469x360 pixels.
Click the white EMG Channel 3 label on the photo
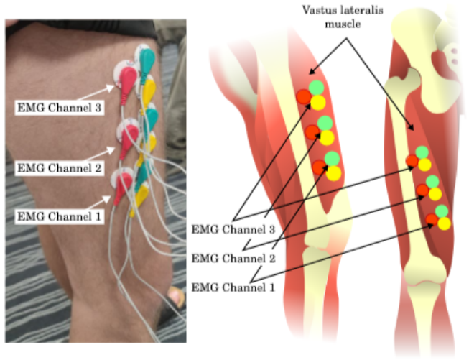tap(59, 108)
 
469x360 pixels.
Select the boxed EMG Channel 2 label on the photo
tap(59, 168)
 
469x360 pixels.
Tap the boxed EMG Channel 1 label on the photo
tap(59, 216)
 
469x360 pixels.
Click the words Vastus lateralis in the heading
tap(343, 10)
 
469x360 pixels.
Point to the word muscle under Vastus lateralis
tap(343, 24)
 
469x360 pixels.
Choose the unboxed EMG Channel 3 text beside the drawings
tap(233, 229)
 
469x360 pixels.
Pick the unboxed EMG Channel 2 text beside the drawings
tap(233, 258)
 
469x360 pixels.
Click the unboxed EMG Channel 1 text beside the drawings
tap(233, 287)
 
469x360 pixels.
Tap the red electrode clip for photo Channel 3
tap(127, 80)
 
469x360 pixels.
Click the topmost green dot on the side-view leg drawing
tap(317, 88)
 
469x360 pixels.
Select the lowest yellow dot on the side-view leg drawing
tap(333, 173)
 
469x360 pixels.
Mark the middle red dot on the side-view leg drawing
tap(313, 132)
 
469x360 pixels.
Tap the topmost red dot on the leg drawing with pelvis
tap(412, 161)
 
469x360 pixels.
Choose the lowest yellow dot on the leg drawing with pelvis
tap(444, 223)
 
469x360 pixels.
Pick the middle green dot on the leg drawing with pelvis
tap(432, 182)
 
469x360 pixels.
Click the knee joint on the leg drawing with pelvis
tap(423, 281)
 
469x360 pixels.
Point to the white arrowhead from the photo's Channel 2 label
tap(111, 149)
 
